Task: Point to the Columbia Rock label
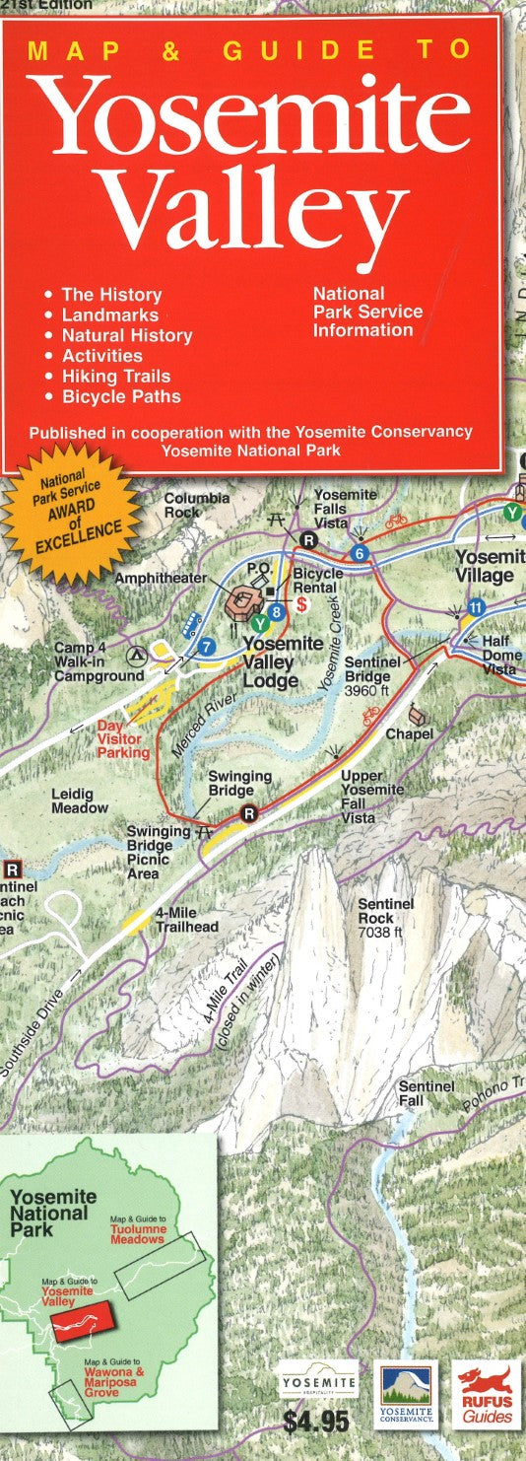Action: click(196, 505)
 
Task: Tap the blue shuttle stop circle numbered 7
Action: click(206, 647)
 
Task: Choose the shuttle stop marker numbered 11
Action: click(476, 607)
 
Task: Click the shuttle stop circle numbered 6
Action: click(360, 554)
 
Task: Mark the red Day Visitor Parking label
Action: click(123, 738)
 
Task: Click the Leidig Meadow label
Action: click(80, 800)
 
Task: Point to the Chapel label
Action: click(409, 734)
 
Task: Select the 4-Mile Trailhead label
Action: click(186, 920)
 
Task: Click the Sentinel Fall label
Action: click(426, 1092)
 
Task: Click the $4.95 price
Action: click(315, 1423)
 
